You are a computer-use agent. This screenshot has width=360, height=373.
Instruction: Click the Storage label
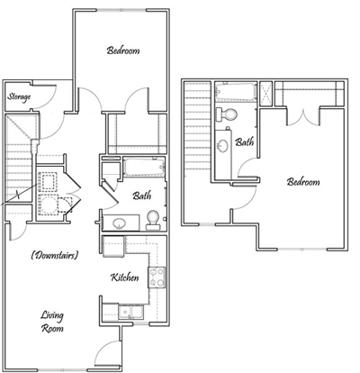(x=19, y=96)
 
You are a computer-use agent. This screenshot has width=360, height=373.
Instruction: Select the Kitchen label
(x=125, y=277)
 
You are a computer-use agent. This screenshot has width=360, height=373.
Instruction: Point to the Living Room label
(x=54, y=322)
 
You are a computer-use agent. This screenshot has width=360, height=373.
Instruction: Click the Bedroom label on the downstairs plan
(x=123, y=51)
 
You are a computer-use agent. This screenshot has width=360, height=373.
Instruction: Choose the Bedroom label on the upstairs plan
(x=303, y=181)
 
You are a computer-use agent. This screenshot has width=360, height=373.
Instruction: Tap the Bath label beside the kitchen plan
(x=141, y=195)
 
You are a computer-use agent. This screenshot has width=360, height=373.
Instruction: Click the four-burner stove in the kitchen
(x=157, y=277)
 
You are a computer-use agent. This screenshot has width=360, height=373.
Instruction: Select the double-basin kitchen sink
(x=129, y=312)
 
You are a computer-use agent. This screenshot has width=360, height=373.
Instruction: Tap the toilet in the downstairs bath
(x=153, y=218)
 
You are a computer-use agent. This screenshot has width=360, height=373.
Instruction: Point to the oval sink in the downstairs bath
(x=118, y=222)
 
